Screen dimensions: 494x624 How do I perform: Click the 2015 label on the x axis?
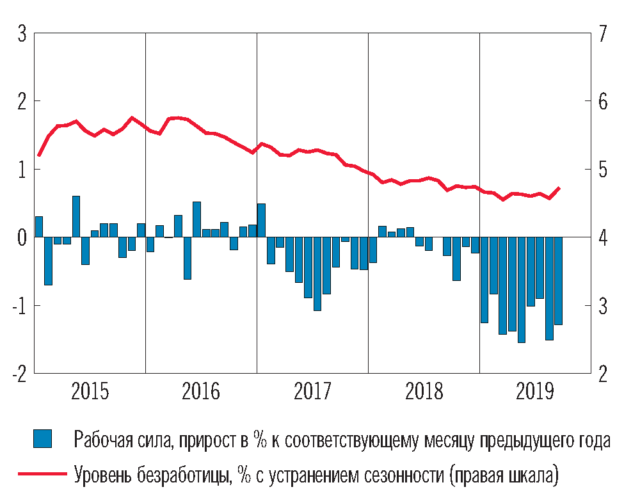click(x=90, y=391)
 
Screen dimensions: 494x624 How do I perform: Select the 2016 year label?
click(x=201, y=391)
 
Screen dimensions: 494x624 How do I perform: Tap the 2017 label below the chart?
click(x=312, y=391)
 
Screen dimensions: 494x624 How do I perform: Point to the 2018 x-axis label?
click(x=424, y=391)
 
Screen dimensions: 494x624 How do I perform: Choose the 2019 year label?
click(x=535, y=391)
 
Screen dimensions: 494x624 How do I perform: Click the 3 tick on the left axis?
click(x=21, y=34)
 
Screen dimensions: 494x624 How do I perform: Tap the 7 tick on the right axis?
click(x=602, y=34)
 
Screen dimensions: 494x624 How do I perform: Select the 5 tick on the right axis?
click(x=602, y=170)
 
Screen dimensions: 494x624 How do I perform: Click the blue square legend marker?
click(x=42, y=439)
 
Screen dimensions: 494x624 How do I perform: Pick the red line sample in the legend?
click(x=42, y=474)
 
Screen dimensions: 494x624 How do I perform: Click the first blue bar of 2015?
click(x=39, y=227)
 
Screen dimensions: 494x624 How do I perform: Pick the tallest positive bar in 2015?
click(x=76, y=217)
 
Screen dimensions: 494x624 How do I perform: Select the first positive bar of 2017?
click(x=261, y=221)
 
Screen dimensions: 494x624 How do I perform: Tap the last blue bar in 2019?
click(x=558, y=281)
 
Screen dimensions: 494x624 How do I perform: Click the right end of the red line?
click(x=559, y=188)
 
